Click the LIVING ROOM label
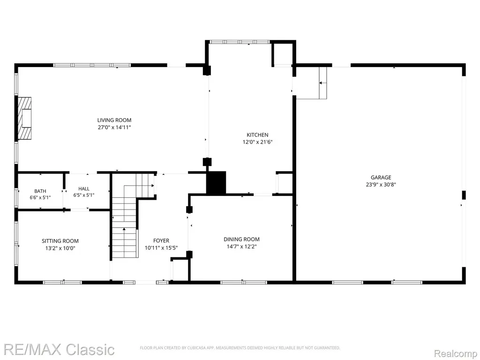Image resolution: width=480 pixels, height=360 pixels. [x=114, y=120]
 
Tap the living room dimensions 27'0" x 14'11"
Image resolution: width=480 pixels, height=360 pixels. [x=114, y=127]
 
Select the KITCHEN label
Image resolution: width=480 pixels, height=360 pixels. [x=257, y=135]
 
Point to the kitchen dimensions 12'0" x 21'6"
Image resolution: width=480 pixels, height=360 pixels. [x=257, y=142]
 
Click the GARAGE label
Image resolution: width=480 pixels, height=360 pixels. [x=381, y=177]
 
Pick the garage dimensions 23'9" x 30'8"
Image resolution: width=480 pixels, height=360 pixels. [x=381, y=185]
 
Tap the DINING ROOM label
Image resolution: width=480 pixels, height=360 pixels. [x=241, y=240]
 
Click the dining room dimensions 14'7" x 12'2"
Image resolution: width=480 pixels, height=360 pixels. [x=241, y=247]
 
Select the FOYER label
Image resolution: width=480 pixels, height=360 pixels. [x=161, y=240]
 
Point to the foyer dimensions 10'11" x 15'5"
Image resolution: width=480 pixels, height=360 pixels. [x=161, y=248]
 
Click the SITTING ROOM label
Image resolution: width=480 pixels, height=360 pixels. [x=60, y=241]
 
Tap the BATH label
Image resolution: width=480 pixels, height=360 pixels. [x=40, y=191]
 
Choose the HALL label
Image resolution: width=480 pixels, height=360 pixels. [x=83, y=188]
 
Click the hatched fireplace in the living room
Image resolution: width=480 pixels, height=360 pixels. [x=24, y=118]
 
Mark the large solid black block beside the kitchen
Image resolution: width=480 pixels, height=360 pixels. [x=216, y=183]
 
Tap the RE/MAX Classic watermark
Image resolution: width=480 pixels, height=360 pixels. [x=58, y=350]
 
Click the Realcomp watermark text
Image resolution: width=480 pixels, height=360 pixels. [x=456, y=354]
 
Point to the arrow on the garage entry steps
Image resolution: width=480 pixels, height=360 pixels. [x=322, y=82]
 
